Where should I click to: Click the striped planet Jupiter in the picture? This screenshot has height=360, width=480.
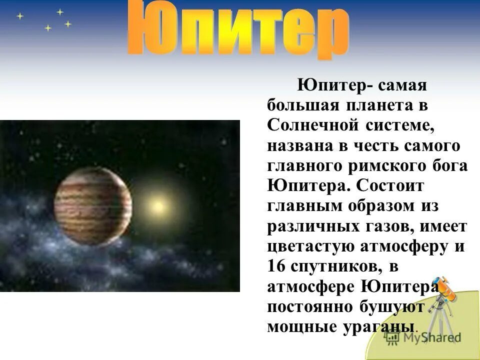pyautogui.click(x=93, y=205)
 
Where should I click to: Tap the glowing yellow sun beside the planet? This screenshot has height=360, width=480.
pyautogui.click(x=157, y=205)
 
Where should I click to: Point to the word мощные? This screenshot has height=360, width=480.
pyautogui.click(x=299, y=326)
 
